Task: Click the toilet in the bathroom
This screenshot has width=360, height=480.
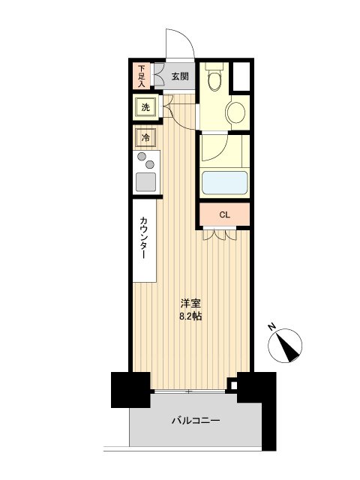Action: coord(214,76)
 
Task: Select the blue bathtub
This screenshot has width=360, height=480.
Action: coord(224,182)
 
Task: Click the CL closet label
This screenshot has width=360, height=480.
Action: coord(224,215)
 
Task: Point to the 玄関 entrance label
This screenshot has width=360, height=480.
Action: coord(179,76)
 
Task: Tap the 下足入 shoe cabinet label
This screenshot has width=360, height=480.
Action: coord(141,75)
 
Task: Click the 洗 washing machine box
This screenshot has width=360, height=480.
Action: coord(145,107)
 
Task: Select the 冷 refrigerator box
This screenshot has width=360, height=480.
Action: coord(145,138)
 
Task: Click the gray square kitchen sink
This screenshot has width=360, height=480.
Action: coord(145,181)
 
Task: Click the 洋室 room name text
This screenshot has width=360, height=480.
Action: coord(190,304)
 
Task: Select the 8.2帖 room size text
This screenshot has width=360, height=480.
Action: coord(190,316)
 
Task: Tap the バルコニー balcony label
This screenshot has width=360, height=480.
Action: coord(193,421)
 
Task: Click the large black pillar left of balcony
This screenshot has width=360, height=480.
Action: coord(126,388)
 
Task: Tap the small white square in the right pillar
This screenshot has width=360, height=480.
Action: coord(232,387)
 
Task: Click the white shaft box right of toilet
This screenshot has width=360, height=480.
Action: coord(241,74)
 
